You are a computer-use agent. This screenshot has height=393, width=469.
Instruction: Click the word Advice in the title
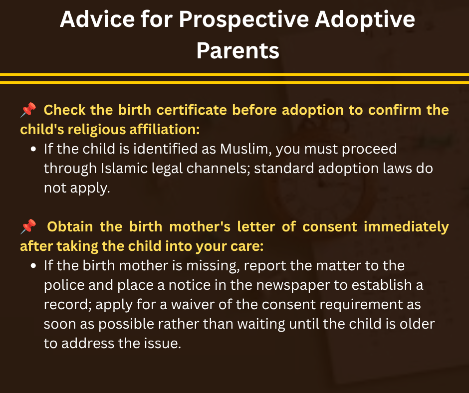(97, 19)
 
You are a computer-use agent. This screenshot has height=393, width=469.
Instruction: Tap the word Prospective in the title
(244, 20)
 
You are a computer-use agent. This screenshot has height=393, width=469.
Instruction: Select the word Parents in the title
(238, 50)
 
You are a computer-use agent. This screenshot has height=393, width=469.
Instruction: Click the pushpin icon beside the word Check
(28, 110)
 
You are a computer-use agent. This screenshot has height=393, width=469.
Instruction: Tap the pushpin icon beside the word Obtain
(28, 226)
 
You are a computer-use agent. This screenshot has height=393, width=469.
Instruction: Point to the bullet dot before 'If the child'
(33, 149)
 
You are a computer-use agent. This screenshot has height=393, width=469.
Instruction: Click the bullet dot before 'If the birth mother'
(33, 266)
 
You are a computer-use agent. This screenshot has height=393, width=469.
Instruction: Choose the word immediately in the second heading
(406, 227)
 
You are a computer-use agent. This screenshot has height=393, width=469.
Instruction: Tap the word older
(417, 324)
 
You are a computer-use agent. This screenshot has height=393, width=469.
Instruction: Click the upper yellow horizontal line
(234, 74)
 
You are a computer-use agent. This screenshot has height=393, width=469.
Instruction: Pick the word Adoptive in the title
(365, 20)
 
